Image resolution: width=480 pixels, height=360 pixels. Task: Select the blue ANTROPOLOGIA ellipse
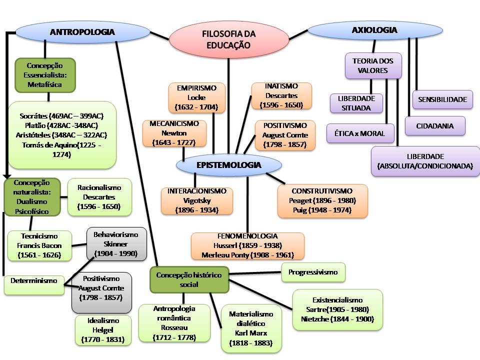[82, 32]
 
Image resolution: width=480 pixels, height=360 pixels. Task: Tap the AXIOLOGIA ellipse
[374, 30]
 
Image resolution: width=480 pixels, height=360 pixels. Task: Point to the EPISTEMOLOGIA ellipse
[228, 165]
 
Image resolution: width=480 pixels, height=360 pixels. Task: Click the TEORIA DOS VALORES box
[373, 65]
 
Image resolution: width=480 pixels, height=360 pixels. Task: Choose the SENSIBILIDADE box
[442, 99]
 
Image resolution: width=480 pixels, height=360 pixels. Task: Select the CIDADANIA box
[435, 126]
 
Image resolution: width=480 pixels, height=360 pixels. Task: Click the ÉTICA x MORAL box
[360, 133]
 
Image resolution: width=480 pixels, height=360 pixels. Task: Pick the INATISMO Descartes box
[281, 95]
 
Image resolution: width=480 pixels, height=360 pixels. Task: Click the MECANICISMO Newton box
[174, 133]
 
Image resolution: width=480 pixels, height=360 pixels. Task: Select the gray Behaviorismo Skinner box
[116, 244]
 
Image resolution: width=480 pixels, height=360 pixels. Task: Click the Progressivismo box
[313, 272]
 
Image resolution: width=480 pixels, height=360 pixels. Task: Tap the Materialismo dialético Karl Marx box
[251, 328]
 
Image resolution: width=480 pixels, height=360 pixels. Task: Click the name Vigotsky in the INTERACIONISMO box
[196, 200]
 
